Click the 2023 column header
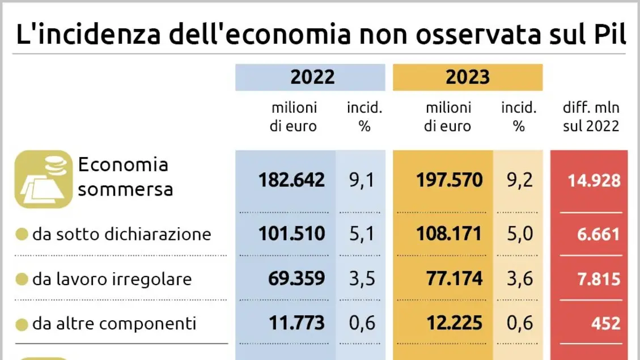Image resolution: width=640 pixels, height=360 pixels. click(x=467, y=78)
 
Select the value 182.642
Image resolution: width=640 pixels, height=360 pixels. click(x=291, y=180)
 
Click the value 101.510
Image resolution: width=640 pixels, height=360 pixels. click(x=291, y=234)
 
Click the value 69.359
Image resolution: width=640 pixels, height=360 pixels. click(x=295, y=278)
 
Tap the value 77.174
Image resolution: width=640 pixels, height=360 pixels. click(x=453, y=278)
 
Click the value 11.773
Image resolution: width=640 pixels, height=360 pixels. click(x=295, y=323)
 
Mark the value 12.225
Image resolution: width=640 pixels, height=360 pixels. click(x=453, y=323)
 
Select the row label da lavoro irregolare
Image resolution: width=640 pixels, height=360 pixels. click(x=112, y=279)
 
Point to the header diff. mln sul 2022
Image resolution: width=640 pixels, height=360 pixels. click(x=591, y=117)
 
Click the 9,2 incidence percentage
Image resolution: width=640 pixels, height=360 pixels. click(x=518, y=180)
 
